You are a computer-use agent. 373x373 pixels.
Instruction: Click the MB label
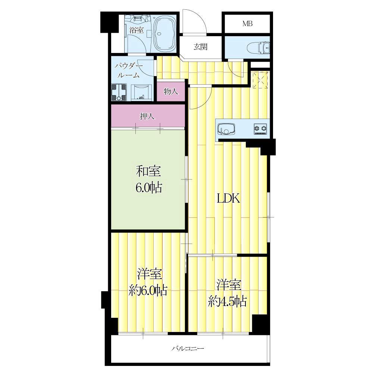click(247, 23)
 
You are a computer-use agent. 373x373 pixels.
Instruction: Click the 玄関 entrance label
click(200, 47)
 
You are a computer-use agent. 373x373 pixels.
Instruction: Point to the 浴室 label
click(137, 30)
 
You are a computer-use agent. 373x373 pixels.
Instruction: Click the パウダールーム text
click(128, 70)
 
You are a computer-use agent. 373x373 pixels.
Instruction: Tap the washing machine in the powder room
click(119, 92)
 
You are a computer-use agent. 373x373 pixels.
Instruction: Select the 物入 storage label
click(171, 91)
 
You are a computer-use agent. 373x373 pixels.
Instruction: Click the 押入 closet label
click(147, 116)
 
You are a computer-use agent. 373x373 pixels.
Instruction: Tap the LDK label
click(228, 199)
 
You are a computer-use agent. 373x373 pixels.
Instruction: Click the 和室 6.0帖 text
click(149, 179)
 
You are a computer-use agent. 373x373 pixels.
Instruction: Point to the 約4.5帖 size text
click(227, 302)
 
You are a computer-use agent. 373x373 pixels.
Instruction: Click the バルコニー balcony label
click(188, 349)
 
